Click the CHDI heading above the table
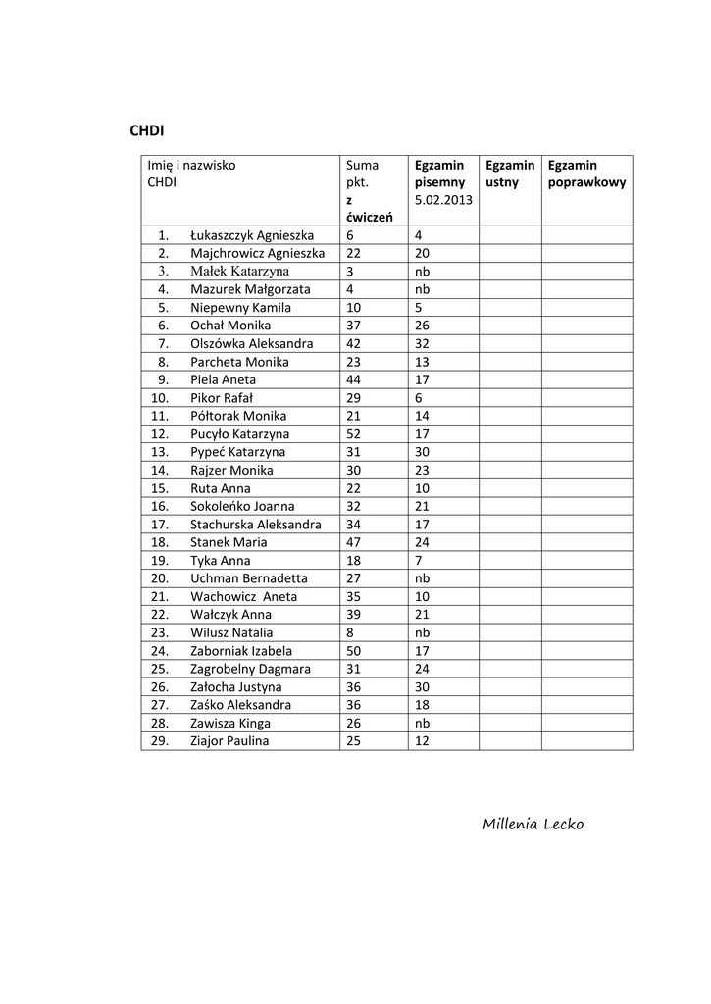(147, 130)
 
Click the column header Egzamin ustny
(510, 174)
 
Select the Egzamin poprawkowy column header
(586, 174)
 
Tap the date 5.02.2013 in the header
(443, 200)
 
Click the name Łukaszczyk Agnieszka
(252, 235)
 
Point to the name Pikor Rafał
(222, 398)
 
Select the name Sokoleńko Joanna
(242, 506)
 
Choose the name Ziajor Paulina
(229, 741)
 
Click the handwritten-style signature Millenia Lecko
(533, 824)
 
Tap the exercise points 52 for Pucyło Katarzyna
(354, 433)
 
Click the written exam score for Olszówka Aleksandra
(422, 343)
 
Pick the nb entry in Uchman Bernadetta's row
(423, 578)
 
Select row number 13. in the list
(161, 452)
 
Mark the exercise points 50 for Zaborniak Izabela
(354, 651)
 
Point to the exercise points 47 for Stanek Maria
(354, 542)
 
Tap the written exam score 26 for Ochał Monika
(422, 326)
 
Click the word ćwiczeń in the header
(370, 217)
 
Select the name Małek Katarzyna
(240, 271)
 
